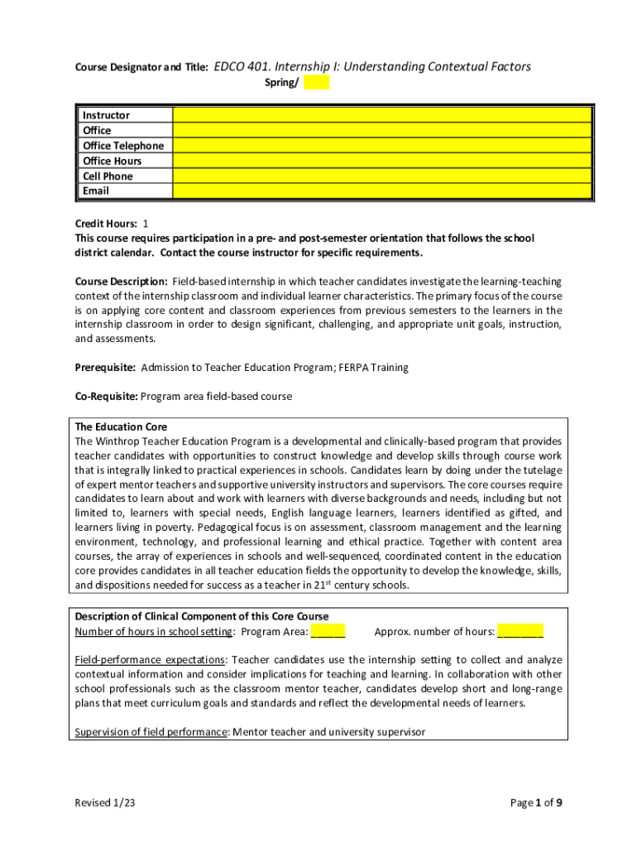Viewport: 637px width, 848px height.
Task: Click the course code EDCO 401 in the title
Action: pyautogui.click(x=241, y=67)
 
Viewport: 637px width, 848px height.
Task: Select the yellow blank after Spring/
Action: pyautogui.click(x=316, y=82)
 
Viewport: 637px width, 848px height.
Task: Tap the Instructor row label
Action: pyautogui.click(x=106, y=115)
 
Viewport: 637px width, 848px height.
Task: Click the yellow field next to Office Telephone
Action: pyautogui.click(x=381, y=146)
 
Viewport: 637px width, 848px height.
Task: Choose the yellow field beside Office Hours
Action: pyautogui.click(x=381, y=161)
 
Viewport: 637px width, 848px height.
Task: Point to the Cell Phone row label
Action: pyautogui.click(x=108, y=176)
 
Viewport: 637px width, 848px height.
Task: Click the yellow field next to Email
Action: pyautogui.click(x=381, y=191)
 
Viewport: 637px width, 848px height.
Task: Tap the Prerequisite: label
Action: pyautogui.click(x=105, y=367)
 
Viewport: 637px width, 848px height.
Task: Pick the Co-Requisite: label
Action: pyautogui.click(x=106, y=397)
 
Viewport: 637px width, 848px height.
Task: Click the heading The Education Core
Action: pyautogui.click(x=121, y=427)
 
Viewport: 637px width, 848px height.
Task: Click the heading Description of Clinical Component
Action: pyautogui.click(x=202, y=616)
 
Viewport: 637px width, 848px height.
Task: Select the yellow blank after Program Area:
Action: pyautogui.click(x=328, y=632)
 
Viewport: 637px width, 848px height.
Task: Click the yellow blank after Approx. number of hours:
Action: pyautogui.click(x=520, y=632)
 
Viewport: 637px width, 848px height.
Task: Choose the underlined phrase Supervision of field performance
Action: pyautogui.click(x=151, y=732)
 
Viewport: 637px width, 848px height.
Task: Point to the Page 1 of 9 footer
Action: pyautogui.click(x=537, y=802)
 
